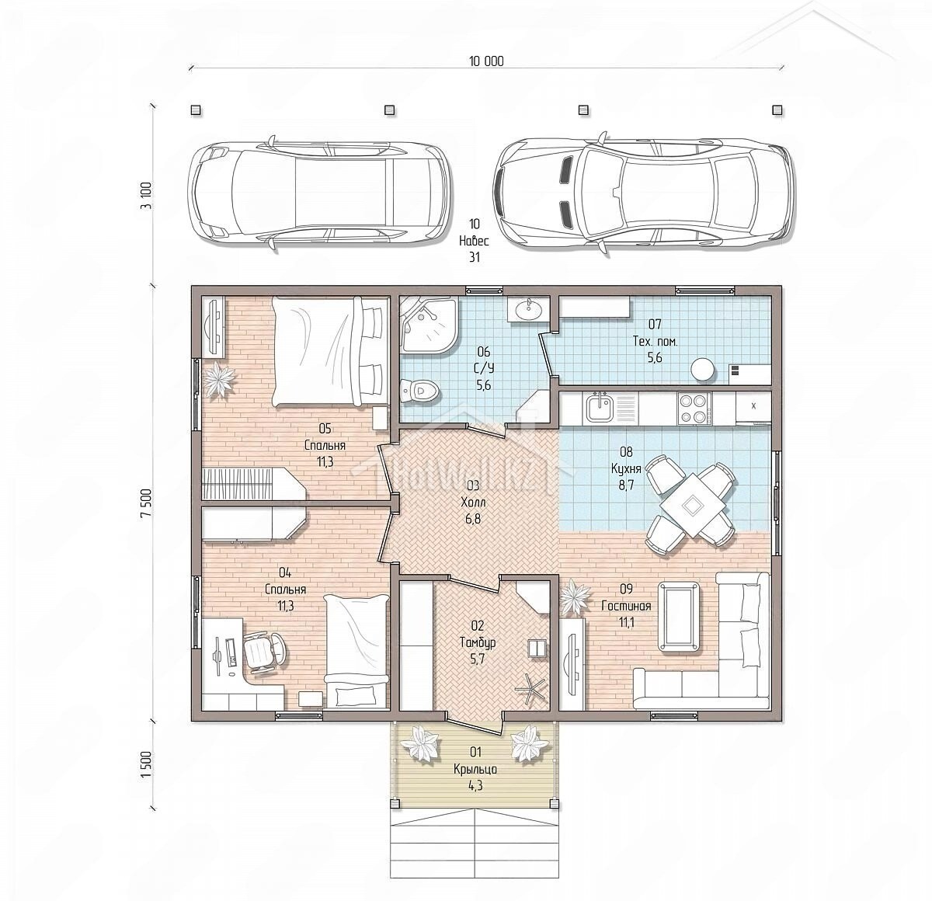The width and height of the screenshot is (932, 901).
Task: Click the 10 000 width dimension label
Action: point(486,61)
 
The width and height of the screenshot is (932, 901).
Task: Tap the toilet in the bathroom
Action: point(419,391)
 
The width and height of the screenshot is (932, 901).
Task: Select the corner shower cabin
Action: point(429,325)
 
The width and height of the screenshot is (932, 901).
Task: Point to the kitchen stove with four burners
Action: point(694,408)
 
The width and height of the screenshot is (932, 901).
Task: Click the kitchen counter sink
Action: point(599,408)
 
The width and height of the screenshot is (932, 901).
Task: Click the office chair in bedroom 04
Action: point(263,652)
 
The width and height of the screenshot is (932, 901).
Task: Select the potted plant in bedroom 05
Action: point(219,380)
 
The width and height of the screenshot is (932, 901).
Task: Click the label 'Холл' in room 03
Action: point(473,503)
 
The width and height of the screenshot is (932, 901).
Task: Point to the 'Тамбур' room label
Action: point(477,642)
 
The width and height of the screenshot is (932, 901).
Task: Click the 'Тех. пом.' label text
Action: point(655,342)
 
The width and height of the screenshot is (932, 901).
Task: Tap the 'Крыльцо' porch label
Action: point(475,769)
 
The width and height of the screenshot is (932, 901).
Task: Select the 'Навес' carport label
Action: point(474,241)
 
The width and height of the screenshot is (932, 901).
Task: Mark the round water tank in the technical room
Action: point(703,370)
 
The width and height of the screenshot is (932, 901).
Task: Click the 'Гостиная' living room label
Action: point(627,606)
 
